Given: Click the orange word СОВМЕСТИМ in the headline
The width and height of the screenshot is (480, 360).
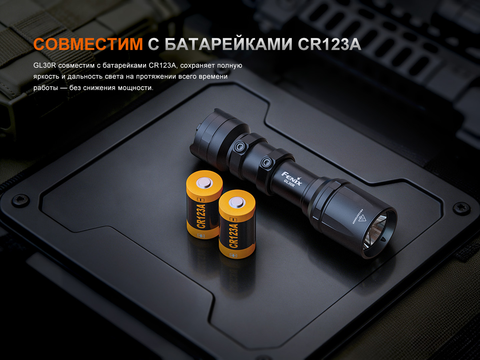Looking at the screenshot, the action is pyautogui.click(x=88, y=44).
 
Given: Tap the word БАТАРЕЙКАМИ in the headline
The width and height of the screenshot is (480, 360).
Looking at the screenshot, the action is pyautogui.click(x=228, y=44).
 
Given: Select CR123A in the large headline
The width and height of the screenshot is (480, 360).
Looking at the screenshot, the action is pyautogui.click(x=329, y=44).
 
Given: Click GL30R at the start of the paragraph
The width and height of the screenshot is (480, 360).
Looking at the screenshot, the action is pyautogui.click(x=45, y=65).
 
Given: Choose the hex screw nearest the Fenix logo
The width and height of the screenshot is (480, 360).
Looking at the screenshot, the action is pyautogui.click(x=266, y=163).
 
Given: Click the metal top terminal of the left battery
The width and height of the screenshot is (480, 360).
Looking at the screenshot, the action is pyautogui.click(x=205, y=182).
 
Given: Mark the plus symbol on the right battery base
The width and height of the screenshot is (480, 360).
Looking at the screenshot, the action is pyautogui.click(x=233, y=255).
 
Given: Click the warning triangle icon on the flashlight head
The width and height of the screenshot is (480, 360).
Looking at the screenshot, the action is pyautogui.click(x=362, y=218).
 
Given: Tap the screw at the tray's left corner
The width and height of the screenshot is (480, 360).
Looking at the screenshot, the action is pyautogui.click(x=21, y=200).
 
